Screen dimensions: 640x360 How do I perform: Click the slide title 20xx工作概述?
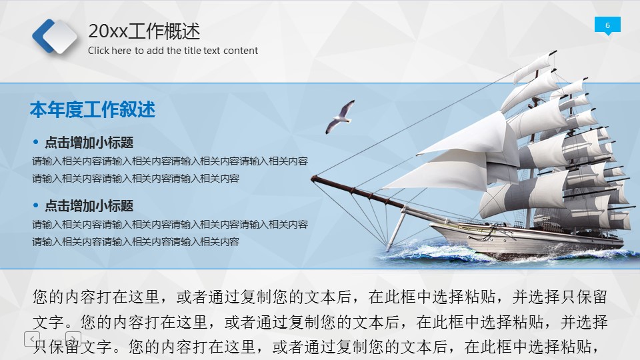[x=144, y=31]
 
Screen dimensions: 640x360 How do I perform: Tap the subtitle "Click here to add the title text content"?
[x=173, y=51]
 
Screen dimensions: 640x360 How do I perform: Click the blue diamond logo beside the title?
[x=55, y=36]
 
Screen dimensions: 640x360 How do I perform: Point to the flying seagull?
[x=339, y=117]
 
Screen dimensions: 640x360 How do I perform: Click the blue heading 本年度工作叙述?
[x=92, y=109]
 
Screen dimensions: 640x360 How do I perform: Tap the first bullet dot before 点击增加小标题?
[x=36, y=142]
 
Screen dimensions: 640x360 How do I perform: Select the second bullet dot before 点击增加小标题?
[x=36, y=205]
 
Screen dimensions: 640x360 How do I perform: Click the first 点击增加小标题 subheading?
[x=89, y=143]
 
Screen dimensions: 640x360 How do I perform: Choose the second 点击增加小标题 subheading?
[x=89, y=206]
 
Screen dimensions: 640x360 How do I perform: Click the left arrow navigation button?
[x=32, y=339]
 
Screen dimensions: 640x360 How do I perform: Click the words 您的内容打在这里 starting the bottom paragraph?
[x=96, y=297]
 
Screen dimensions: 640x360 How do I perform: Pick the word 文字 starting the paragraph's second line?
[x=49, y=322]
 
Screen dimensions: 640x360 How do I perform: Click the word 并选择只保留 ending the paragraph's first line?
[x=559, y=297]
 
